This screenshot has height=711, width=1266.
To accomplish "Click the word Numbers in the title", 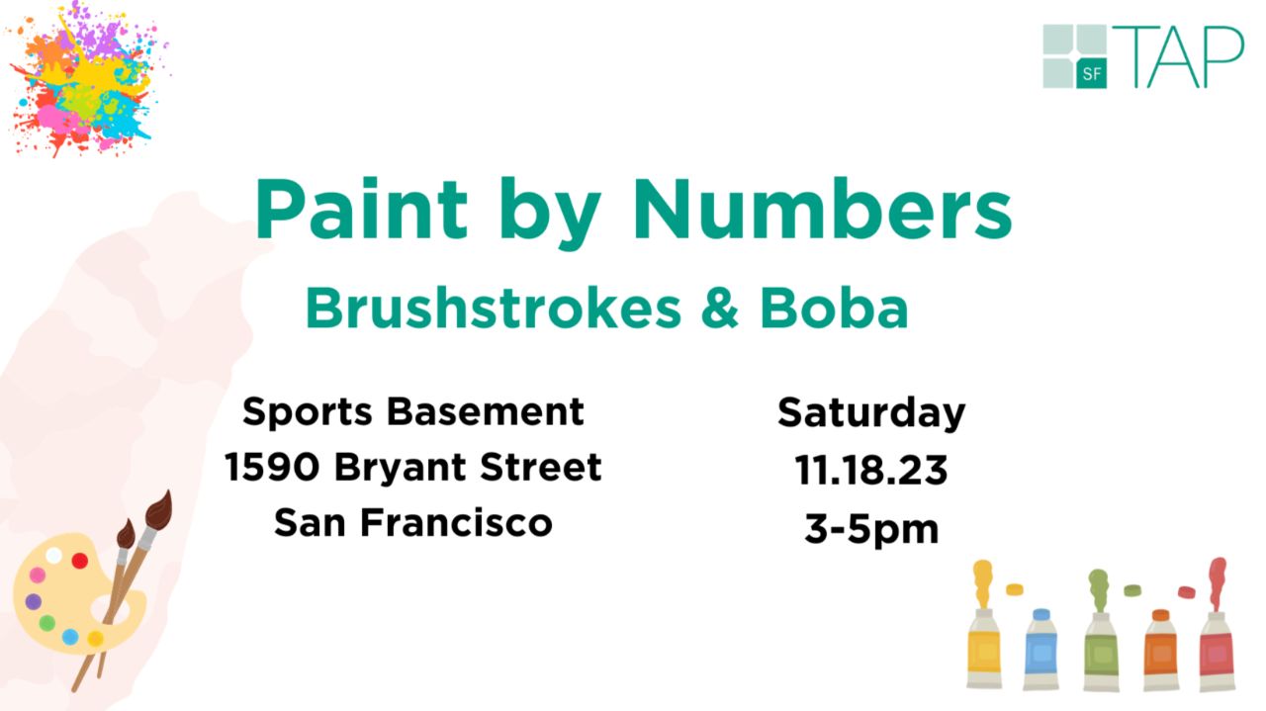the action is point(822,209).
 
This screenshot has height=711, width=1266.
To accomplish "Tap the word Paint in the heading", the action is point(362,208).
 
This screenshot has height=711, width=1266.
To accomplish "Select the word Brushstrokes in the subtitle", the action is point(493,308).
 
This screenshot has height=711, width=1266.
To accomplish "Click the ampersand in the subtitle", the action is point(719,308).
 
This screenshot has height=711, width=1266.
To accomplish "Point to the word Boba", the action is point(834,308).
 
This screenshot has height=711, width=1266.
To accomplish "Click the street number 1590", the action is point(272,467).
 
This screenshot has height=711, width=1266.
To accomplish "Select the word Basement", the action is point(485,411).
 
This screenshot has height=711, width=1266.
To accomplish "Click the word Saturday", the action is point(871,413).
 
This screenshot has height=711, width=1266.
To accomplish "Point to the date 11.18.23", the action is point(871,471).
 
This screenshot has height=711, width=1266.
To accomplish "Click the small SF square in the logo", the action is point(1091,73).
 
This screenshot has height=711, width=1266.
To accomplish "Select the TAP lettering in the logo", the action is point(1178,56).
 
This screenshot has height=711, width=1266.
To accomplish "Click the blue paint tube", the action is point(1040,650).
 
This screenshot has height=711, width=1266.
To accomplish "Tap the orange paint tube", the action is point(1161,650).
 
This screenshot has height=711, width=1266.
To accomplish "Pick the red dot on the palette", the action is point(80,561).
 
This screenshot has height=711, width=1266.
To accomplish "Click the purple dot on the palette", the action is point(34,601).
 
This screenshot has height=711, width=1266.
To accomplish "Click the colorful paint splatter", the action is point(88,79).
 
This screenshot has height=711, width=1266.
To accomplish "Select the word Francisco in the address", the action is point(457,522).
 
